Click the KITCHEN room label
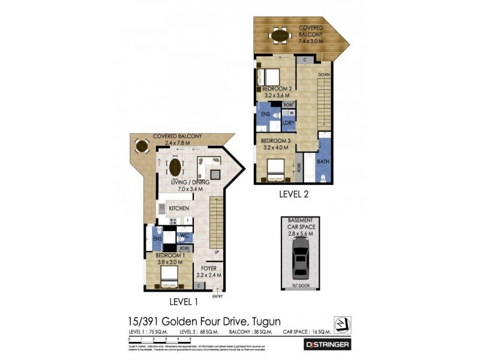coord(179,208)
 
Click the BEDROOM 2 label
coord(276,88)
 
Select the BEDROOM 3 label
coord(276,141)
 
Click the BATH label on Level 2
coord(323,161)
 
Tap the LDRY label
coord(288,124)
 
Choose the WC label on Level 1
coord(185,235)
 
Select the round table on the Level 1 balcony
coord(142,146)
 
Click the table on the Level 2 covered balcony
coord(280,35)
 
